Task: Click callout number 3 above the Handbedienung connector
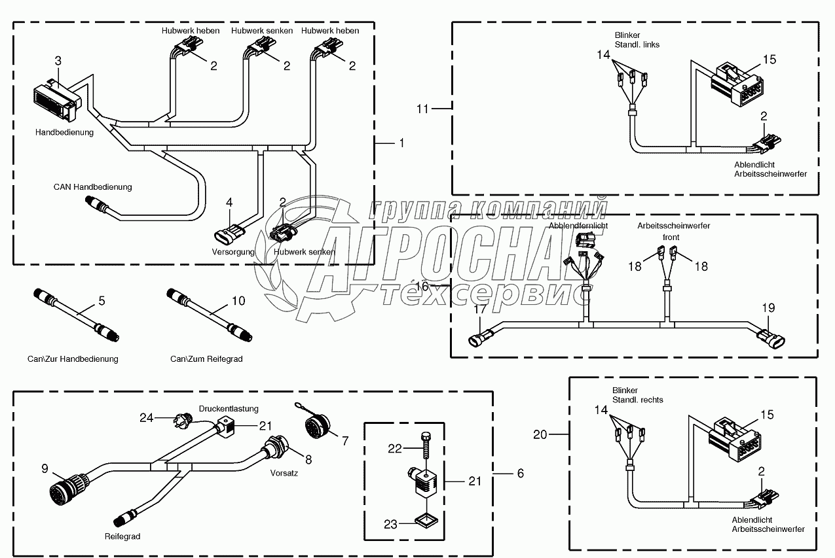tap(58, 61)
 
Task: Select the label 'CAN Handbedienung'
tap(92, 187)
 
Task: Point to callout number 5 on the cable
tap(102, 301)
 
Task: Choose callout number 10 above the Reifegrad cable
tap(238, 301)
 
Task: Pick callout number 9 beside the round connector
tap(45, 468)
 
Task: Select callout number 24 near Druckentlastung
tap(146, 417)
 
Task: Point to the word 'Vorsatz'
tap(284, 473)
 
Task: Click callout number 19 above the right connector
tap(768, 307)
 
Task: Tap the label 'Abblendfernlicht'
tap(578, 226)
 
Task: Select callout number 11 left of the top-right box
tap(422, 109)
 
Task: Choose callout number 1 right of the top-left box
tap(401, 143)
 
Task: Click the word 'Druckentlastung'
tap(229, 410)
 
